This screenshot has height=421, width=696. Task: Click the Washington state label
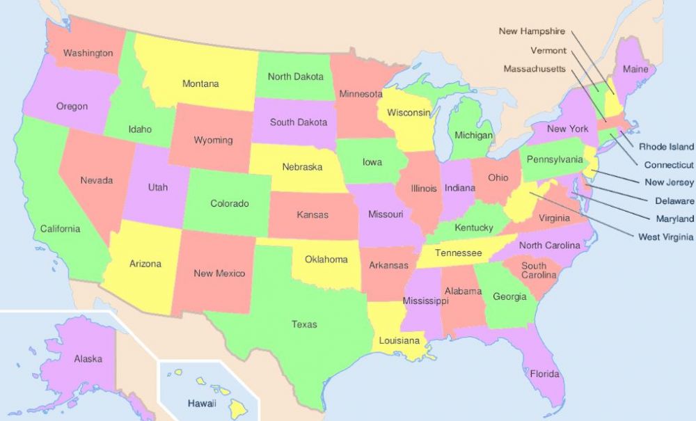[88, 53]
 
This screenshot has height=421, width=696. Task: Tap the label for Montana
[200, 84]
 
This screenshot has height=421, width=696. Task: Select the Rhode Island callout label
[666, 147]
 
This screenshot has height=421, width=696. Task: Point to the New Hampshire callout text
[532, 31]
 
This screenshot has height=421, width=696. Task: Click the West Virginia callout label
[665, 237]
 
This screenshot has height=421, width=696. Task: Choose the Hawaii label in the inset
[202, 404]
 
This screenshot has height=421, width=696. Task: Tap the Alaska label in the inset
[88, 359]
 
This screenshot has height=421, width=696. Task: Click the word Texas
[304, 324]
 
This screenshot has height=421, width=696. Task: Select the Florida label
[544, 374]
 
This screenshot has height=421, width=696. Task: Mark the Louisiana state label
[400, 341]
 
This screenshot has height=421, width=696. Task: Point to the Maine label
[635, 70]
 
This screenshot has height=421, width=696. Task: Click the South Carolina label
[534, 271]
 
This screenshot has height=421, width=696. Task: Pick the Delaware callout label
[674, 201]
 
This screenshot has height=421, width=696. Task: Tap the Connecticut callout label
[669, 165]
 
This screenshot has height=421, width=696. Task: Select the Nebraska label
[302, 167]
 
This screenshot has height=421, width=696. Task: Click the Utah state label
[157, 187]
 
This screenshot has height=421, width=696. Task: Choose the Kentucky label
[473, 228]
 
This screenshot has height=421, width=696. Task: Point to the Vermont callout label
[548, 50]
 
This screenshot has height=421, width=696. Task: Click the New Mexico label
[219, 273]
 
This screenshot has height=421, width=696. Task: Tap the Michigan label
[473, 135]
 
